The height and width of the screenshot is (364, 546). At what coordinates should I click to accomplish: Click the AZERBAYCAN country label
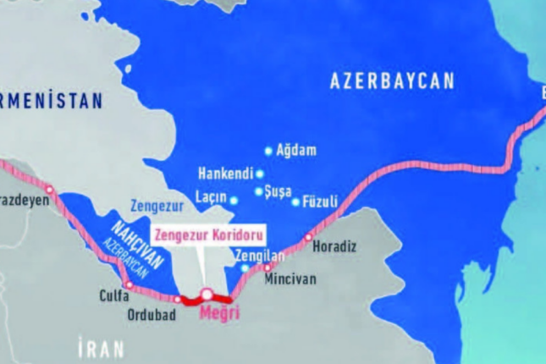[x=392, y=81]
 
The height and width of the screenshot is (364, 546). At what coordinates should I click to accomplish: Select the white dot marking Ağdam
[x=269, y=151]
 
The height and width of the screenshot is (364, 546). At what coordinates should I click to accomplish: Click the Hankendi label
[x=225, y=174]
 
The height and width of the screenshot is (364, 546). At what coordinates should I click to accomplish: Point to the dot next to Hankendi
[x=260, y=174]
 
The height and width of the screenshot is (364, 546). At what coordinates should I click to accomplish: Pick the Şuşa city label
[x=279, y=190]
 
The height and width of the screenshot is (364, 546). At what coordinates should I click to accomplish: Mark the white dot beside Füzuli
[x=295, y=201]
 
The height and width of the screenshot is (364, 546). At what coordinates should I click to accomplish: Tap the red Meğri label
[x=218, y=312]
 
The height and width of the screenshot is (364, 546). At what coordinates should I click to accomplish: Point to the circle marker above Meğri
[x=207, y=295]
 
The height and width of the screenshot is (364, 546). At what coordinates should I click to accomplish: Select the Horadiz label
[x=334, y=247]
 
